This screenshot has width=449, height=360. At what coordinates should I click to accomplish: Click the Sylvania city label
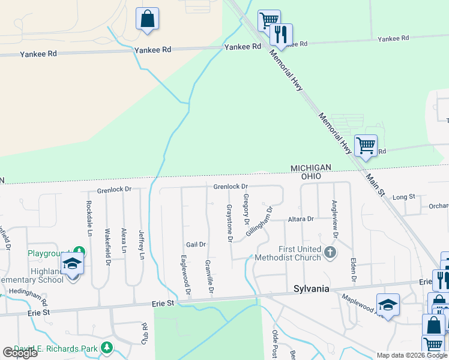coord(311,289)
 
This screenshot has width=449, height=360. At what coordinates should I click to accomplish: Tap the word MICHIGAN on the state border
coord(311,167)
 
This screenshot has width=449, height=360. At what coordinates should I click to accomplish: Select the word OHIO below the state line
coord(311,177)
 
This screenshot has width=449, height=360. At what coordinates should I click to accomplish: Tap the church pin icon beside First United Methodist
coord(330,253)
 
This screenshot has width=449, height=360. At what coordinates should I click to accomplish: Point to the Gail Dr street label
coord(196,245)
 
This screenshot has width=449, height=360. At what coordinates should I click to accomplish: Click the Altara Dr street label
coord(300,220)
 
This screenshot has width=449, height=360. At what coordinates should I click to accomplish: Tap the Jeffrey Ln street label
coord(142,245)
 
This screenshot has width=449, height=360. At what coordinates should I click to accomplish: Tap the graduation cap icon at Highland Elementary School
coord(73,265)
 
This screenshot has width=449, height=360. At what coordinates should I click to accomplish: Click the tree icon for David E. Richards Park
coord(106,347)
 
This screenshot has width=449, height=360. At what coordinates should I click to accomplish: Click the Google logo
coord(20,353)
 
